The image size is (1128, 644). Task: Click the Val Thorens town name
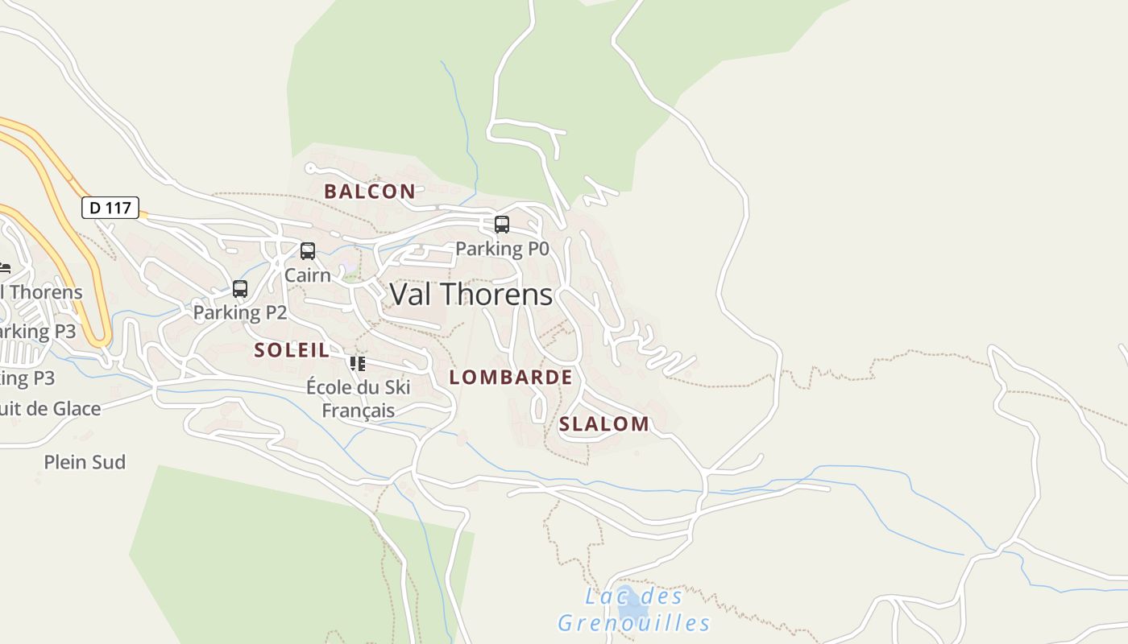pyautogui.click(x=471, y=294)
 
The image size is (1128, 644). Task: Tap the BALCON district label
pyautogui.click(x=369, y=192)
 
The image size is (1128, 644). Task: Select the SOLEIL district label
pyautogui.click(x=292, y=350)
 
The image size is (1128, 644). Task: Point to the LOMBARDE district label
pyautogui.click(x=511, y=378)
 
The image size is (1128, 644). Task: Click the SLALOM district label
pyautogui.click(x=603, y=424)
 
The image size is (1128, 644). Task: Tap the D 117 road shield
pyautogui.click(x=110, y=208)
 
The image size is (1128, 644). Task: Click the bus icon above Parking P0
pyautogui.click(x=502, y=225)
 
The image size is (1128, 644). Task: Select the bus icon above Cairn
pyautogui.click(x=308, y=251)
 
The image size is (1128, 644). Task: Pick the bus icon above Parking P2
pyautogui.click(x=240, y=289)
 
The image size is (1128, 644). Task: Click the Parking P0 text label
pyautogui.click(x=502, y=249)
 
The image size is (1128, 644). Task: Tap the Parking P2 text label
pyautogui.click(x=240, y=312)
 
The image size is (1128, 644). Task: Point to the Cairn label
pyautogui.click(x=308, y=275)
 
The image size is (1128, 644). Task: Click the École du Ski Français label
pyautogui.click(x=359, y=398)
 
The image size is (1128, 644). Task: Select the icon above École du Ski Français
pyautogui.click(x=358, y=363)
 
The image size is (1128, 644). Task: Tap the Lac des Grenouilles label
pyautogui.click(x=634, y=610)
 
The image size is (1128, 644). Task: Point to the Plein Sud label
pyautogui.click(x=85, y=462)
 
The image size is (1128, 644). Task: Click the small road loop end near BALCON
pyautogui.click(x=310, y=168)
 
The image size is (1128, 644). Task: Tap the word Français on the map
pyautogui.click(x=359, y=411)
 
